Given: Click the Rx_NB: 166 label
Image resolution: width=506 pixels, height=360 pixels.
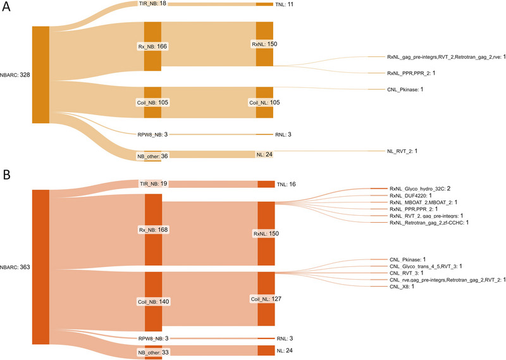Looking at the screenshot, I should pyautogui.click(x=152, y=46).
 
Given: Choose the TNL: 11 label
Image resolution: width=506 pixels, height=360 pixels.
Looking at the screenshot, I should pyautogui.click(x=289, y=4).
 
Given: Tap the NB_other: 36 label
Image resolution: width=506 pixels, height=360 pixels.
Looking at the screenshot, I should pyautogui.click(x=153, y=156).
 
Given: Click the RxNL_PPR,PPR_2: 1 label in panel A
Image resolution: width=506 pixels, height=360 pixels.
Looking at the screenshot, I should pyautogui.click(x=410, y=73).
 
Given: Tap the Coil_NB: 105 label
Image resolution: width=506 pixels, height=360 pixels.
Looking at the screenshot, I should pyautogui.click(x=152, y=102).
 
